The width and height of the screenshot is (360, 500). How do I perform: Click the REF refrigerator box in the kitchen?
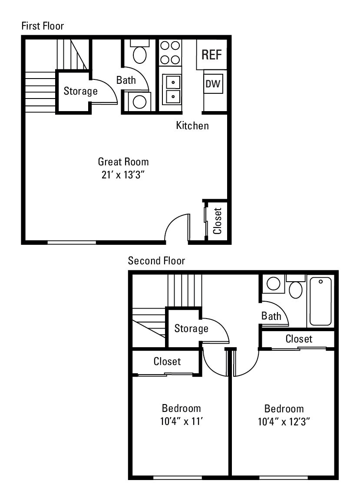point(211,55)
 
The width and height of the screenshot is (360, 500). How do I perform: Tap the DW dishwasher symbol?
point(213,84)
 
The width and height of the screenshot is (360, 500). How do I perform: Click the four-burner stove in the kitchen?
point(170,52)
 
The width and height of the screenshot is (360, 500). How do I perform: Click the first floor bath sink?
point(139,102)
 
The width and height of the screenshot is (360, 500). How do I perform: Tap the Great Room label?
point(123,162)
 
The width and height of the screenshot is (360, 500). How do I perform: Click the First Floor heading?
point(43,26)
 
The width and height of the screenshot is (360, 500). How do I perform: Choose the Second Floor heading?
point(156,261)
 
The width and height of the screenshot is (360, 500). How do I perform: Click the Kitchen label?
point(192,126)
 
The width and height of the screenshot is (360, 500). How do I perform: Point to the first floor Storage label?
point(81,91)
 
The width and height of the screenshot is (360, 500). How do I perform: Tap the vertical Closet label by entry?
point(218,220)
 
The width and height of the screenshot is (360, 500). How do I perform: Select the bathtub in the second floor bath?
point(321,301)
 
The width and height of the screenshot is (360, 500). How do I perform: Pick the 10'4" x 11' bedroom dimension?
point(181,421)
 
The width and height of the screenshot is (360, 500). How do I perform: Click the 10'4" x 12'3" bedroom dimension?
point(284,421)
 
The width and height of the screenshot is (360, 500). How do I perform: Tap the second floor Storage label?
point(191,329)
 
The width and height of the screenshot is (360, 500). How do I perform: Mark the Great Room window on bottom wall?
point(72,242)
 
